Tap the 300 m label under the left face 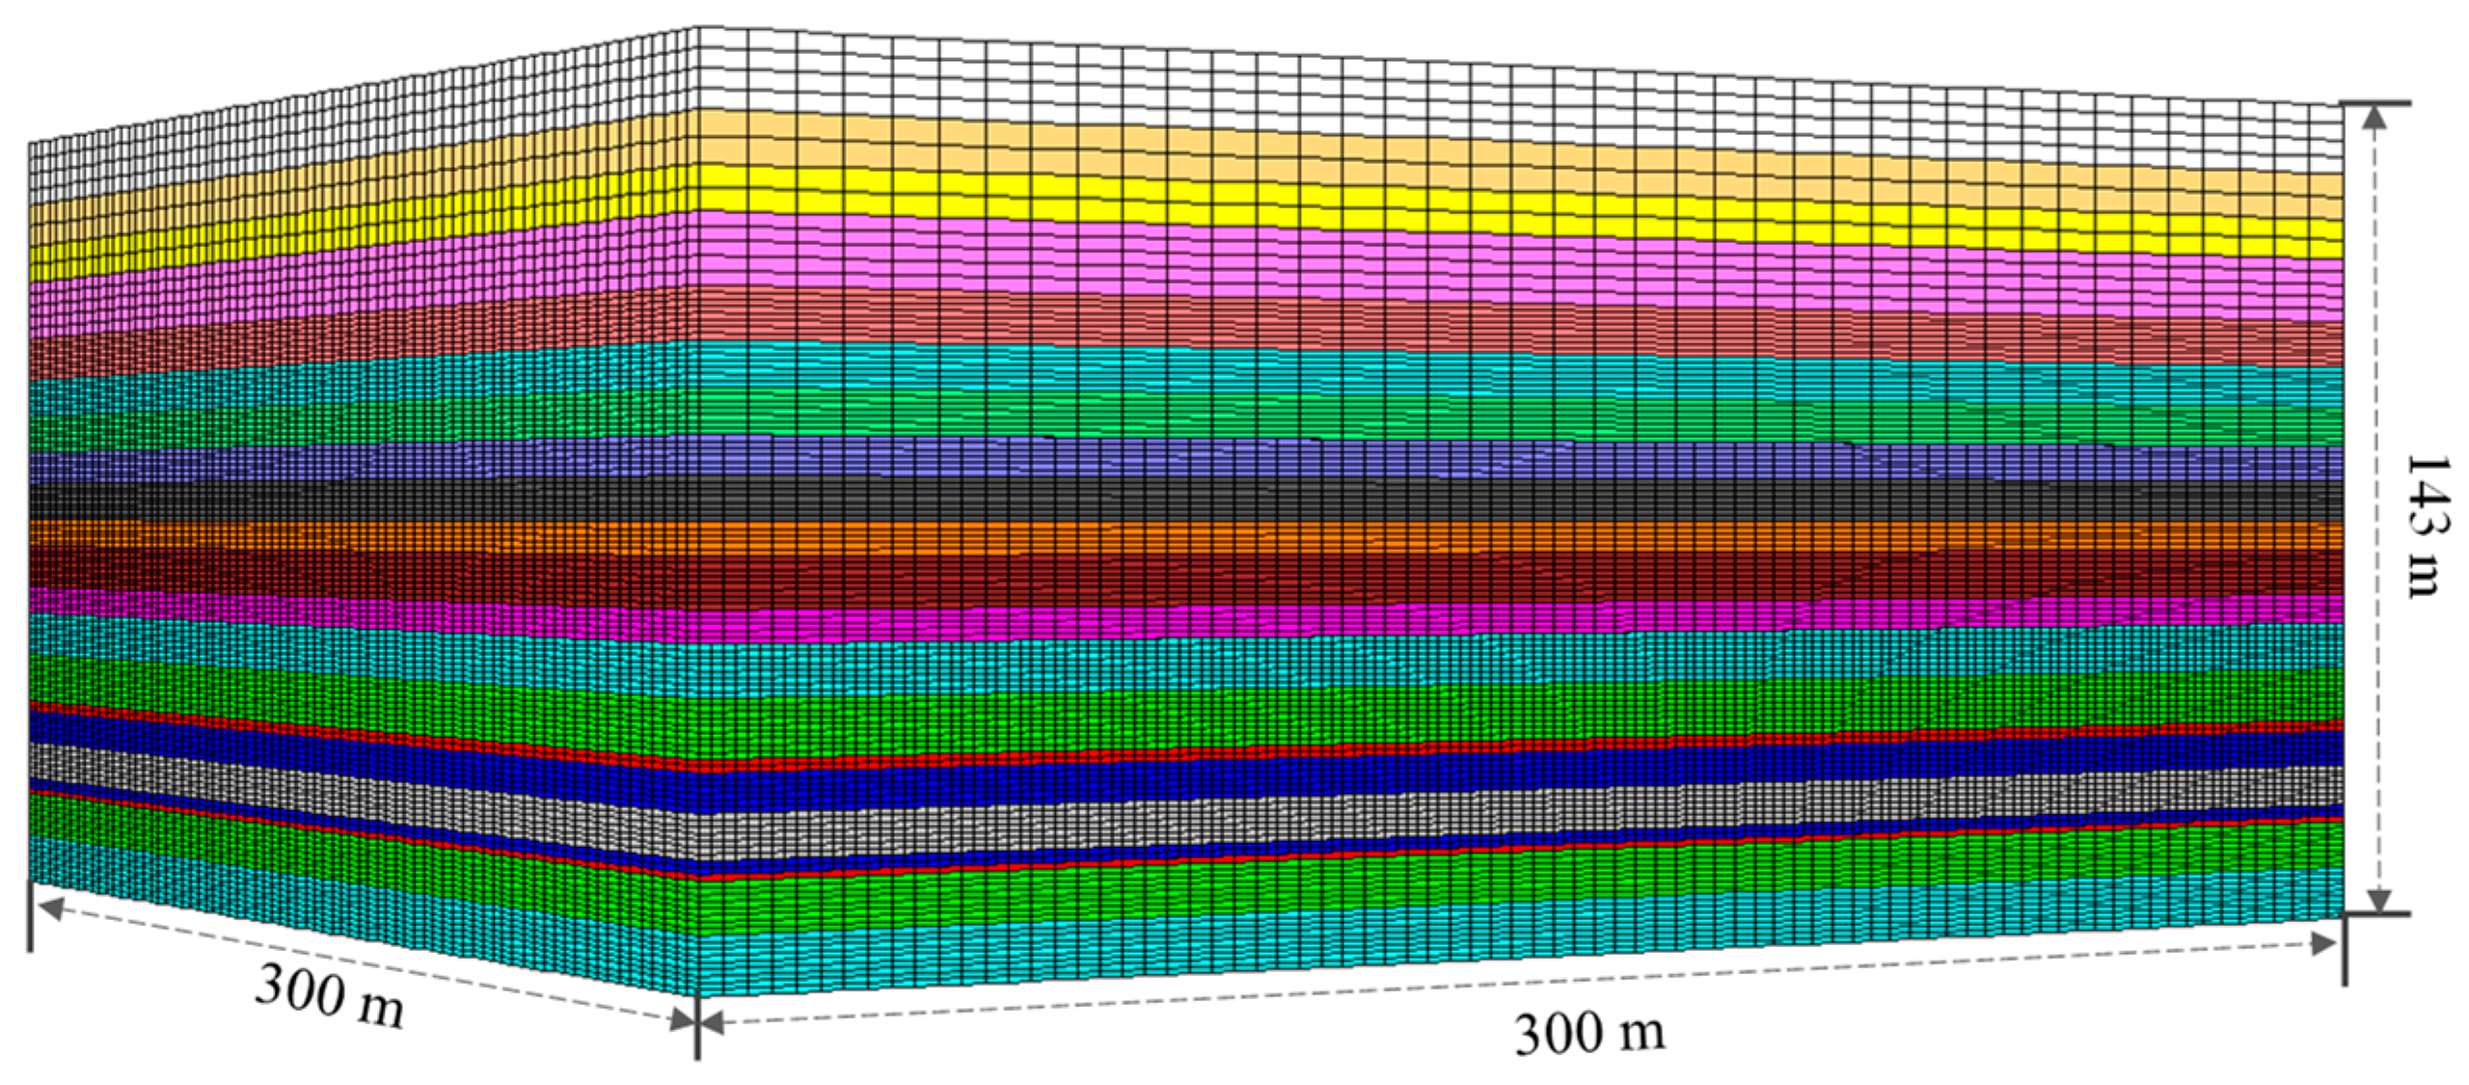tap(329, 995)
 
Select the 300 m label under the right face tap(1589, 1033)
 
